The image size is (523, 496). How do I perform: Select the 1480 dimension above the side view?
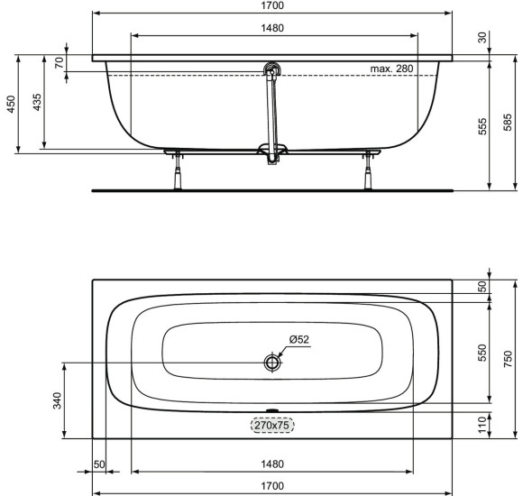click(273, 28)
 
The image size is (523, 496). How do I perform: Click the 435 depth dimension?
click(37, 103)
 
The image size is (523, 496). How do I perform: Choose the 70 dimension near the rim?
click(60, 63)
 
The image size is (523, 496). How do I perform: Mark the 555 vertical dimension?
click(482, 126)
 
